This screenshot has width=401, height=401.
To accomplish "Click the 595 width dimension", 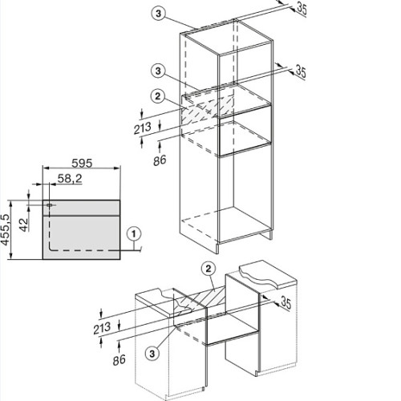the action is point(82,163).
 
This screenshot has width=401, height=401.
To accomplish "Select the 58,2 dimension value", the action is point(70,179).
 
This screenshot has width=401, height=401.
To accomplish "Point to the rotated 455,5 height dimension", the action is point(6,229).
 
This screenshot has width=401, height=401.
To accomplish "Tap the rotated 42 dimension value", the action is point(24,225).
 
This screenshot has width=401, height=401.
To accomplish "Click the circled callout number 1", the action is point(134,234).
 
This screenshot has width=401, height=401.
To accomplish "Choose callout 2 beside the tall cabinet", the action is point(158,96).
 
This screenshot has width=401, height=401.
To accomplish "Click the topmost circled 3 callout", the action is point(158,14).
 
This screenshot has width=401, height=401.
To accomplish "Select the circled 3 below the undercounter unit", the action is point(152,354).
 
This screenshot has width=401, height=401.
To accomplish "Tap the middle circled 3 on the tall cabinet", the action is point(158,71).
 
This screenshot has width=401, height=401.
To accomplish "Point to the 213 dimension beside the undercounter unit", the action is point(102,328).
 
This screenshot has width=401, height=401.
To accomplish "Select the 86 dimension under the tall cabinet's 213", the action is point(160,160).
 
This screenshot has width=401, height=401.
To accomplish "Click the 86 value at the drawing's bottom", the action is point(119,360).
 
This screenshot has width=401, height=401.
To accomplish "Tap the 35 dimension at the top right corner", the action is point(302,9).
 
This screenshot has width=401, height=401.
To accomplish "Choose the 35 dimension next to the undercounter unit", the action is point(286,303).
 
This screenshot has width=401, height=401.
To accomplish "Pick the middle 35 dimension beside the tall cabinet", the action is point(301,71).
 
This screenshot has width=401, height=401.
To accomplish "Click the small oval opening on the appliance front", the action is point(50,205).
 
